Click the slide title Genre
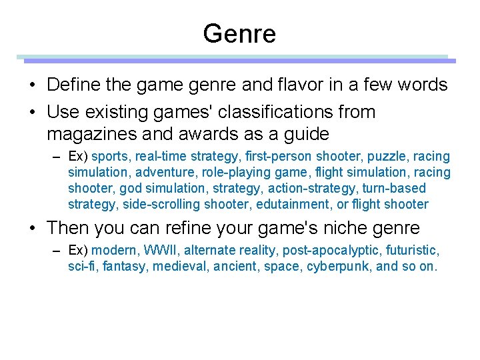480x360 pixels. [x=239, y=33]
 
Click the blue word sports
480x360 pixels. [x=110, y=157]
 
